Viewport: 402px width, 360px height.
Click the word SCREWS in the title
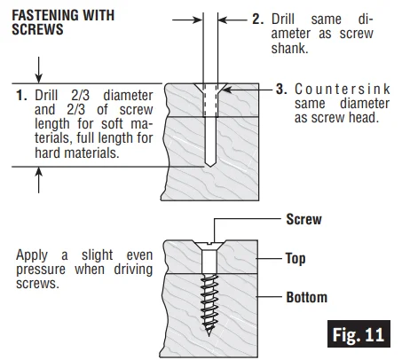click(37, 29)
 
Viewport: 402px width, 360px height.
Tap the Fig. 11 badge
click(359, 334)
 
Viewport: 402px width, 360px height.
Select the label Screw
click(303, 219)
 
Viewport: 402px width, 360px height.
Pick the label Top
click(296, 259)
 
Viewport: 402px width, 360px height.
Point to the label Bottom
click(307, 297)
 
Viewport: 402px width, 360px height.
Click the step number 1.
click(21, 96)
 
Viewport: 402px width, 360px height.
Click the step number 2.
click(257, 20)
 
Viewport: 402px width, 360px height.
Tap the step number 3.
click(281, 89)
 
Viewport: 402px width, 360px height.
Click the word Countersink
click(343, 89)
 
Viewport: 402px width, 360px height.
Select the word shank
click(289, 48)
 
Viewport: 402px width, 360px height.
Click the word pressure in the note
click(41, 270)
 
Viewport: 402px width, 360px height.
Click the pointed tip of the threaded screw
click(209, 334)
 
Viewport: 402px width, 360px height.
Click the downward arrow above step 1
click(39, 70)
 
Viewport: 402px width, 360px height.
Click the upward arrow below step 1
click(39, 180)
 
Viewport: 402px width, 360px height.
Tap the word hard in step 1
click(48, 153)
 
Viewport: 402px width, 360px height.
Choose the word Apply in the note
click(32, 255)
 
